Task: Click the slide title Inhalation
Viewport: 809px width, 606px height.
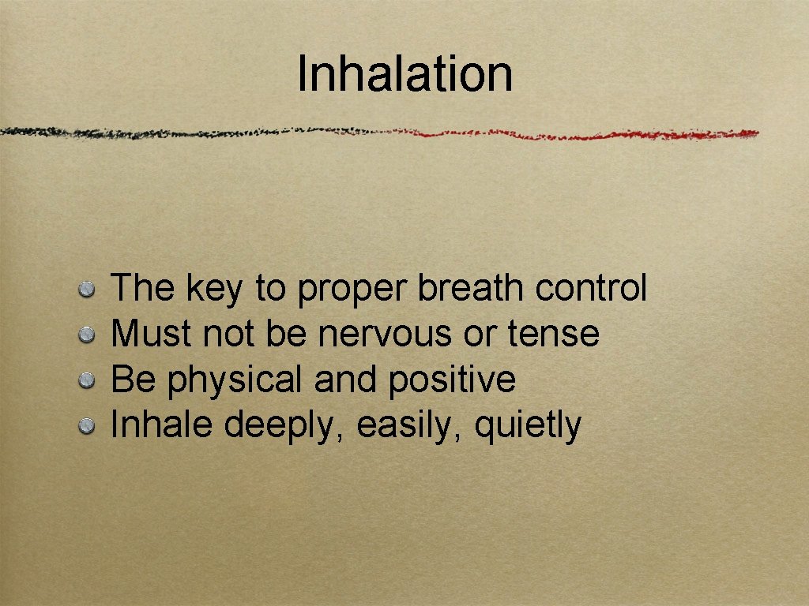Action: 404,73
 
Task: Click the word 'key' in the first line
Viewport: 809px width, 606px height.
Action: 214,290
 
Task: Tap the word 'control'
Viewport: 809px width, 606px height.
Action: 590,289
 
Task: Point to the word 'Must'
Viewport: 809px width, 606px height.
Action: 151,335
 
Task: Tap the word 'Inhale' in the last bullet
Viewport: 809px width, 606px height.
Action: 163,426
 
